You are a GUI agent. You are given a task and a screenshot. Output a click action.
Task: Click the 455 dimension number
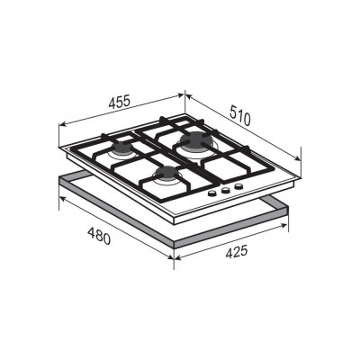119,102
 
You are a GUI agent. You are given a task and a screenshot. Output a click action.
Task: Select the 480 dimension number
99,236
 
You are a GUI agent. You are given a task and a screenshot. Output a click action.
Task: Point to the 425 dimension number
237,252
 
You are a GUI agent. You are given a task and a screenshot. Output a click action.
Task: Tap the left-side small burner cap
122,147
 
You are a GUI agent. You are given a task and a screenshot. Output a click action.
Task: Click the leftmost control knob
212,193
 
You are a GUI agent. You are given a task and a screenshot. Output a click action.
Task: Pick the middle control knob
226,190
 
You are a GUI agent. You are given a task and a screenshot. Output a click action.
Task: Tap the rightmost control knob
238,186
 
